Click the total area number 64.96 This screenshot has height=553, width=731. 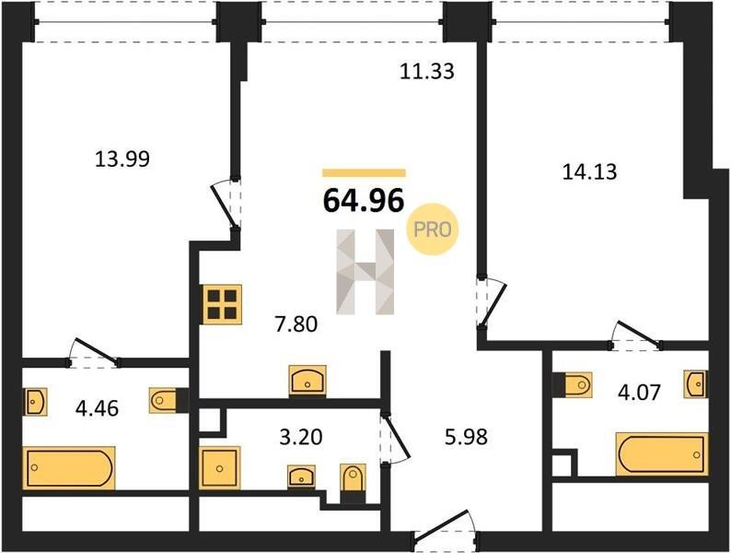click(364, 201)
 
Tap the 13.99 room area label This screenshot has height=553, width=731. click(122, 159)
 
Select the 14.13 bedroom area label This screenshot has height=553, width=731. click(590, 171)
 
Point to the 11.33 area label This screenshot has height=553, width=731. click(427, 71)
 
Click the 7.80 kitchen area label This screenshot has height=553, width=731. click(296, 324)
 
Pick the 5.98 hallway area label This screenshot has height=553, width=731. click(466, 437)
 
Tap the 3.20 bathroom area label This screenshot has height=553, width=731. click(301, 437)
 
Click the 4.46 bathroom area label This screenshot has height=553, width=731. click(97, 408)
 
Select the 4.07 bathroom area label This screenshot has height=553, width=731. click(639, 392)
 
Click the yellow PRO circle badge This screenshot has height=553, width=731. click(432, 229)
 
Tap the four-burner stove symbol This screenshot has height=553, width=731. click(223, 304)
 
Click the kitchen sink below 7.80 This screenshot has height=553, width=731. click(307, 381)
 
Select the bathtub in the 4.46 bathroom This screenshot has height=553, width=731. click(69, 468)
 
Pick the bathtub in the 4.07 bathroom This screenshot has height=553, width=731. click(662, 454)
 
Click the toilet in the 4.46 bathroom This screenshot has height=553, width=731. click(164, 400)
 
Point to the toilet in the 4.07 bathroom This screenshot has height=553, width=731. click(577, 385)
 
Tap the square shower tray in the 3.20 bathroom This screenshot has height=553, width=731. click(220, 468)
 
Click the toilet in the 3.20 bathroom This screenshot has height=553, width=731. click(353, 477)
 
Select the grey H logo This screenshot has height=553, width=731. click(365, 271)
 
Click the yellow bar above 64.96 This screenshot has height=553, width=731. click(364, 173)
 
